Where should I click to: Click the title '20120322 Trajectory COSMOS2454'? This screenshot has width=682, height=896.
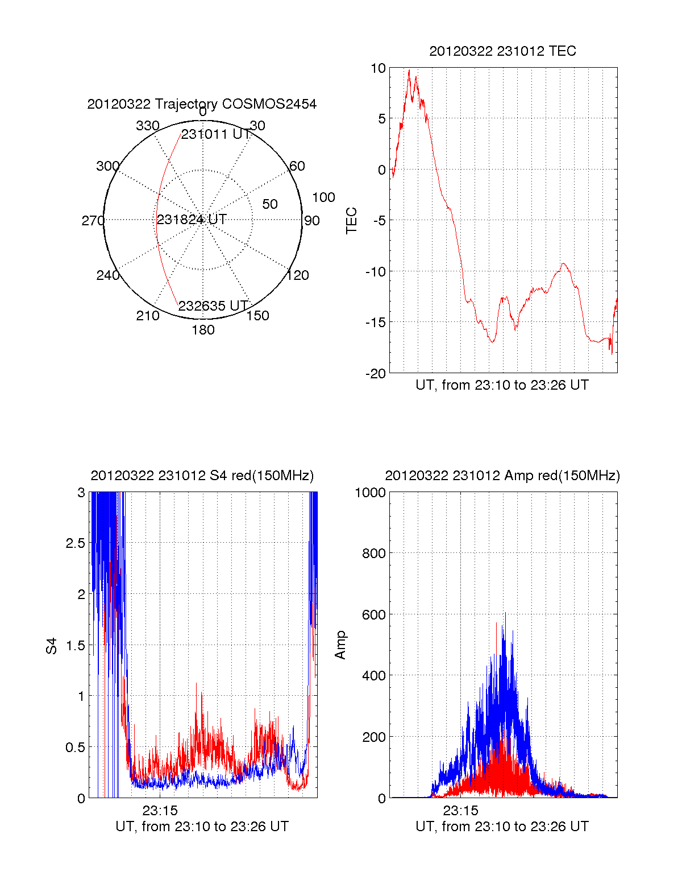point(202,104)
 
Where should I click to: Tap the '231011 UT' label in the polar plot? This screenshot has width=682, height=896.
point(215,134)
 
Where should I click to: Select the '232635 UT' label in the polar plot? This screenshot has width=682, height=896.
point(213,306)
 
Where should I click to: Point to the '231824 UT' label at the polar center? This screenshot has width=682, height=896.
point(192,219)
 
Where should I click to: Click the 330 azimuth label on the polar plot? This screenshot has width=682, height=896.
point(147,126)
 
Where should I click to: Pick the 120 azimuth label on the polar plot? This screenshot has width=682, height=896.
point(298,275)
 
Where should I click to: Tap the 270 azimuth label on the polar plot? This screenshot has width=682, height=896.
point(93,221)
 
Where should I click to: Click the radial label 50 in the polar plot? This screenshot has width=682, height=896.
point(270,204)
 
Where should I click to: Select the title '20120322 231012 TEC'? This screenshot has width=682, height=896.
point(502,51)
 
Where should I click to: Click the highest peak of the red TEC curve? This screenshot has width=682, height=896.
point(409,71)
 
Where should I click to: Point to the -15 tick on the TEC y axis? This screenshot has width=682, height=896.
point(375,323)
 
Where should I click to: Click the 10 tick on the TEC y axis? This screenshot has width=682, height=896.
point(378,68)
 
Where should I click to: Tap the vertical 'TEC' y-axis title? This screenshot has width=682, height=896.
point(352,221)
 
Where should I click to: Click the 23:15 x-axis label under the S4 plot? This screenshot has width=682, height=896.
point(160,810)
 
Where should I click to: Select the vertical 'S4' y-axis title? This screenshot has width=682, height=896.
point(52,646)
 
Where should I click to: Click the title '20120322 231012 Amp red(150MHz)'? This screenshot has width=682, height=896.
point(502,476)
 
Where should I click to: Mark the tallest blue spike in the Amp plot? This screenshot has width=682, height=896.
point(505,613)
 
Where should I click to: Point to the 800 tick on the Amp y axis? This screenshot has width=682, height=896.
point(373,553)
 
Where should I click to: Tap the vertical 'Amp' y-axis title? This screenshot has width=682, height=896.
point(340,645)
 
